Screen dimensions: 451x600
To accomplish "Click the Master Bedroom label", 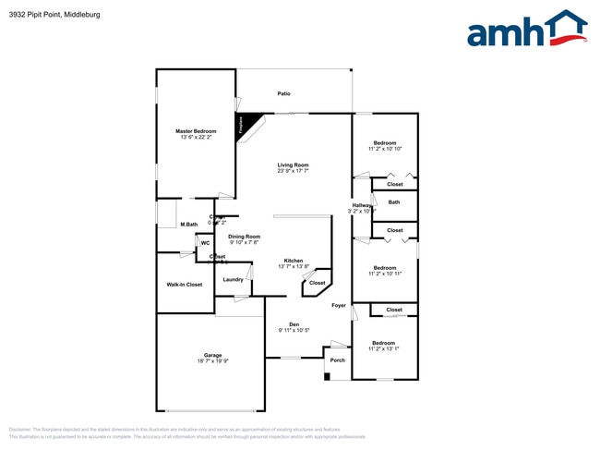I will click(196, 131).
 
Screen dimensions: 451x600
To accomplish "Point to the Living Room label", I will click(293, 165).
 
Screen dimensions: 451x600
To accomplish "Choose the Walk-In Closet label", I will click(185, 285).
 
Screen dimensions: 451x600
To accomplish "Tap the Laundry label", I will click(233, 279).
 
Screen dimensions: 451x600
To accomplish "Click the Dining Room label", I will click(245, 237).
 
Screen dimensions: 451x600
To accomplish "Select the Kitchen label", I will click(294, 261).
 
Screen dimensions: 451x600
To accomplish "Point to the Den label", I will click(294, 323).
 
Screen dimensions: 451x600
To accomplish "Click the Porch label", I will click(338, 360).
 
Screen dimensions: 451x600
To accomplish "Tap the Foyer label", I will click(339, 305).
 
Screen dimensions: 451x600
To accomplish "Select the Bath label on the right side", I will click(394, 202).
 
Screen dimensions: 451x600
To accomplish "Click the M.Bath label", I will click(189, 225).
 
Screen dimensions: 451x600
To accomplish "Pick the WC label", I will click(205, 243).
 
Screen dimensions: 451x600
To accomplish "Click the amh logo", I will click(527, 29).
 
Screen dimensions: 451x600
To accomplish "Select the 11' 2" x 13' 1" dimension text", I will click(384, 348).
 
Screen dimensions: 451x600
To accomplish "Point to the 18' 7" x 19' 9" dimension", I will click(212, 361).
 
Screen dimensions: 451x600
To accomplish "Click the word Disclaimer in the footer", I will click(21, 430).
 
